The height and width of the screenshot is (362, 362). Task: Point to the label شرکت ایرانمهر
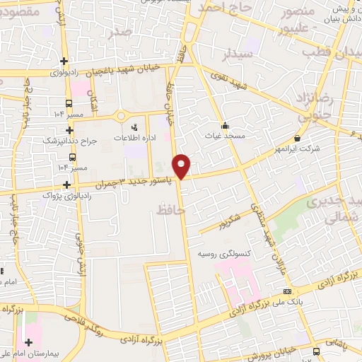click(x=296, y=148)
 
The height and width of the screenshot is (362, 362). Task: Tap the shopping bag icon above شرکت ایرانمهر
click(x=296, y=138)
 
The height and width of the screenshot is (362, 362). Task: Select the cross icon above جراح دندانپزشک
click(x=69, y=129)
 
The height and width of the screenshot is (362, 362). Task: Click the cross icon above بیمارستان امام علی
click(x=29, y=342)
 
